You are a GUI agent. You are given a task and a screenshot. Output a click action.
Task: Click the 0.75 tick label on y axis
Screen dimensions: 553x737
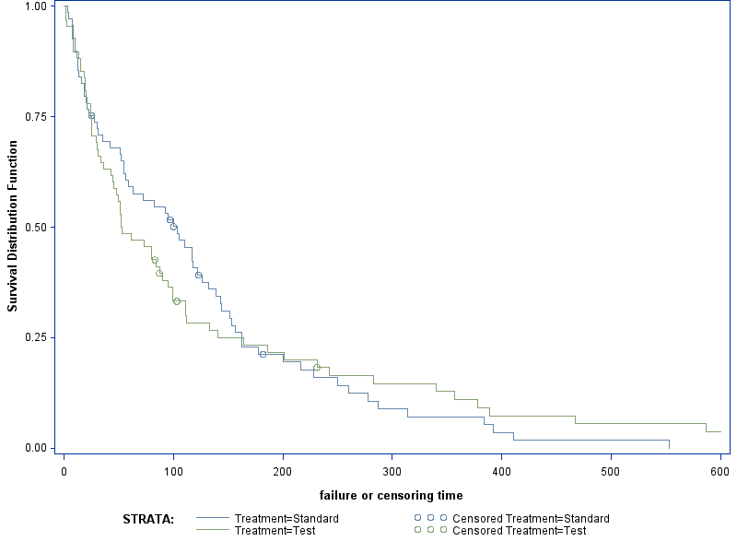(35, 116)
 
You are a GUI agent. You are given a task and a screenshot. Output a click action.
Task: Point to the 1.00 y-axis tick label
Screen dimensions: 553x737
(35, 6)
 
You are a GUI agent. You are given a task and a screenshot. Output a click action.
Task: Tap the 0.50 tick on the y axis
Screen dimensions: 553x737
(35, 227)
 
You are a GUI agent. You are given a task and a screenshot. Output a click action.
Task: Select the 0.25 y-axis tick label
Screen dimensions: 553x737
(35, 337)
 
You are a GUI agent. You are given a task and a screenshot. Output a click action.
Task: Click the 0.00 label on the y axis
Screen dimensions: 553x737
(35, 448)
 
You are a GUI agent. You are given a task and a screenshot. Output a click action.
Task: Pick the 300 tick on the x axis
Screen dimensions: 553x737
(392, 471)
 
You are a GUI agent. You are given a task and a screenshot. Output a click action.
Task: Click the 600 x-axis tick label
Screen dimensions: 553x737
(719, 471)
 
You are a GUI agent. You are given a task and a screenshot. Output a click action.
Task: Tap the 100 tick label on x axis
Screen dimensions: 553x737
(173, 471)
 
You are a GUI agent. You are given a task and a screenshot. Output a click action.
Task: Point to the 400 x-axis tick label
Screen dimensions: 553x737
(501, 471)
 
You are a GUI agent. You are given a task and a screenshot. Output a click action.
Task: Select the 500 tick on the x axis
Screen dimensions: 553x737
(611, 471)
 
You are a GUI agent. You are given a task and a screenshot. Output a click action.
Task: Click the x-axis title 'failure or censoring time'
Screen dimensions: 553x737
(392, 496)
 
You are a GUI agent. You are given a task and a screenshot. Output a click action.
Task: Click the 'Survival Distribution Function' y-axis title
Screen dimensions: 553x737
(13, 227)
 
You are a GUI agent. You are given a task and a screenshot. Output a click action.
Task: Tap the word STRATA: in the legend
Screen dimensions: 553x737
(148, 520)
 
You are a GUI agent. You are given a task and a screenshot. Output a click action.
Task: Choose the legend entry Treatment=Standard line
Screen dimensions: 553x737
(213, 519)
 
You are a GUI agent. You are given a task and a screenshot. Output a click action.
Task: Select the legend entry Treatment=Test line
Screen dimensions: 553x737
(213, 531)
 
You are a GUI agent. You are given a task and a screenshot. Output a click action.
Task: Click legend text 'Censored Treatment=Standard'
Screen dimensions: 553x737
(532, 519)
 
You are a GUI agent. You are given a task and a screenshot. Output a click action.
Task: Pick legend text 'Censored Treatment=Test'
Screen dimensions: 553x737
(520, 531)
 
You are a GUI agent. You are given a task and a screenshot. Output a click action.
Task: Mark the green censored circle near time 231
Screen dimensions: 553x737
(317, 368)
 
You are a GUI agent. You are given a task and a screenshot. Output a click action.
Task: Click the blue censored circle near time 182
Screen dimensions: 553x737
(263, 354)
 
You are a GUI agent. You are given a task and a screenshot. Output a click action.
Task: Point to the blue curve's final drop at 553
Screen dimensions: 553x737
(669, 444)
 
